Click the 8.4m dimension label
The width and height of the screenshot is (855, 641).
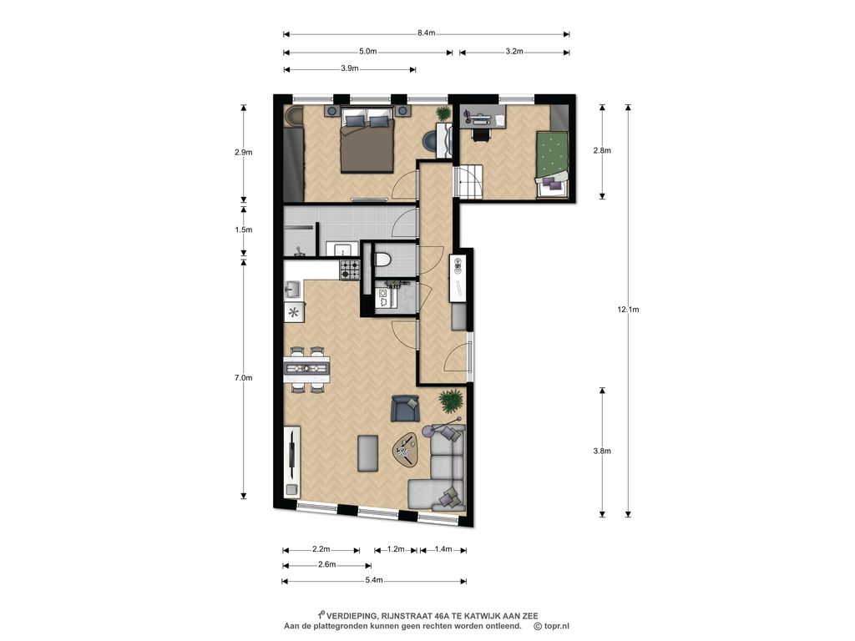(427, 33)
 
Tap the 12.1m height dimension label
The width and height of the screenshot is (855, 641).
(628, 310)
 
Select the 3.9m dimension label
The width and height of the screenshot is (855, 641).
(350, 68)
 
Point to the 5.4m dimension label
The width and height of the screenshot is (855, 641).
(374, 580)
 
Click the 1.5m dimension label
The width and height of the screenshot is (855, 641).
(244, 230)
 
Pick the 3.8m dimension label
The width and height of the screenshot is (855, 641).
(602, 451)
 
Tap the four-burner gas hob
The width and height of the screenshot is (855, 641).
(350, 270)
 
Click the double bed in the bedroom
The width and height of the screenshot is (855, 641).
(367, 140)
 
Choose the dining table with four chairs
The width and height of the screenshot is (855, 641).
(306, 369)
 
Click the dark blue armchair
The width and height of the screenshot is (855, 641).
(405, 407)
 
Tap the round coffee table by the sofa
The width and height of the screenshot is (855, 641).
(406, 450)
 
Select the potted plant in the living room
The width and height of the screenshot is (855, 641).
(452, 401)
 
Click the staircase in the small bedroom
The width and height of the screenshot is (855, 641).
(468, 181)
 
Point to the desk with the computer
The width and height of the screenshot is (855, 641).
(483, 116)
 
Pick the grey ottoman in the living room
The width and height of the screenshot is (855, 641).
(367, 453)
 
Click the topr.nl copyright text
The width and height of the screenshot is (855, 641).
(551, 626)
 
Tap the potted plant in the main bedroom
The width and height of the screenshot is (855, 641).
(443, 114)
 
